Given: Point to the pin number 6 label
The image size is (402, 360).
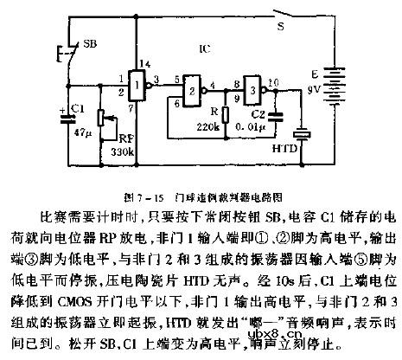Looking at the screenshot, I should (x=178, y=101).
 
